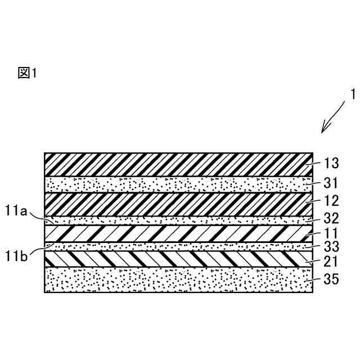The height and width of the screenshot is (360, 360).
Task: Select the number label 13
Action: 332,164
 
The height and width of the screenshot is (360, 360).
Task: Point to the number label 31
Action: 332,183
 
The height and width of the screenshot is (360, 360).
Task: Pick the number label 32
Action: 332,219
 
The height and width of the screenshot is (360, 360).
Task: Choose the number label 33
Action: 332,245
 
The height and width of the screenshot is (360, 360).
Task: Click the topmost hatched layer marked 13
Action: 178,164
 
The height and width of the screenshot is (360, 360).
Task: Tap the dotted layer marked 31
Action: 178,184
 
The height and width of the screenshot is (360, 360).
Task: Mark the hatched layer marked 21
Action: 178,259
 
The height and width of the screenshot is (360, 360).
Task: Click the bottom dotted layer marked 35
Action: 178,280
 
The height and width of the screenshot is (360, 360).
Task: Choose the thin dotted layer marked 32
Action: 178,220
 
